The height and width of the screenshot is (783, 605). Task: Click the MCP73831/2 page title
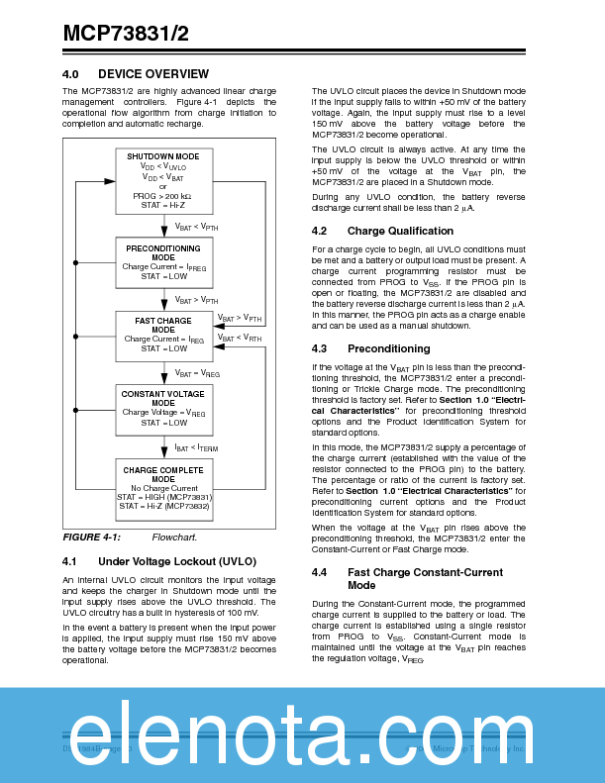pyautogui.click(x=126, y=34)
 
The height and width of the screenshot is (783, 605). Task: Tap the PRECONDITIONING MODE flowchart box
pyautogui.click(x=163, y=261)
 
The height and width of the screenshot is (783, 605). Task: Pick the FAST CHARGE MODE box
pyautogui.click(x=163, y=334)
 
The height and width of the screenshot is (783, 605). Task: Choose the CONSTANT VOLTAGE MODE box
pyautogui.click(x=163, y=408)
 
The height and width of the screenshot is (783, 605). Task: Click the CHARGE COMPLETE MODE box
pyautogui.click(x=163, y=484)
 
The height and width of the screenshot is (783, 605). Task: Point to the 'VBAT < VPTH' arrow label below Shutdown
pyautogui.click(x=197, y=227)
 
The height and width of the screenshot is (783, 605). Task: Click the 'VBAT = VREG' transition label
pyautogui.click(x=197, y=373)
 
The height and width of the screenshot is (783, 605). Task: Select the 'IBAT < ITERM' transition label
pyautogui.click(x=196, y=447)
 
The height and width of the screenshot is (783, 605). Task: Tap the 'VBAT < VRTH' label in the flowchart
pyautogui.click(x=240, y=338)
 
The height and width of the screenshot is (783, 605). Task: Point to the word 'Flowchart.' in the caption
pyautogui.click(x=174, y=538)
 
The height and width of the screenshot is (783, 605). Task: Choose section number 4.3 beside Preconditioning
pyautogui.click(x=319, y=348)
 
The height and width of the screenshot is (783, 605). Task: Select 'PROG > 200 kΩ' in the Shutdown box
pyautogui.click(x=163, y=196)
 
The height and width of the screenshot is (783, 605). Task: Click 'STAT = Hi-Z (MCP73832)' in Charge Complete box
pyautogui.click(x=163, y=506)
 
